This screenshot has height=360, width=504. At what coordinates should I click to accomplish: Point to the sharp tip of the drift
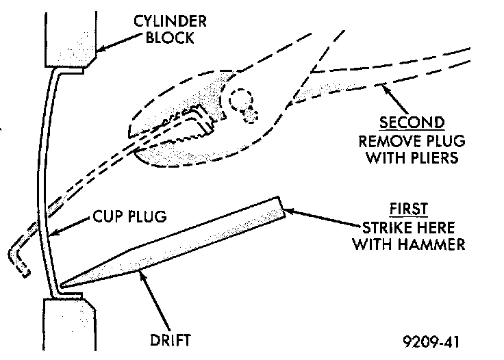tap(62, 285)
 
